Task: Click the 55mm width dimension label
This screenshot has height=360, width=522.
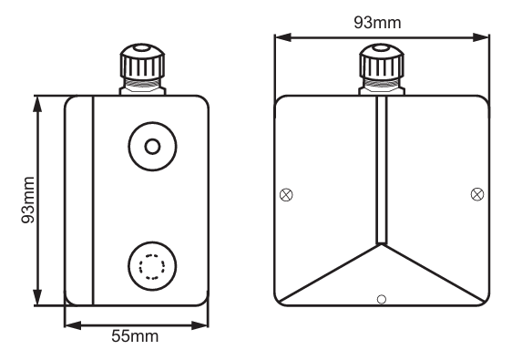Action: pos(135,336)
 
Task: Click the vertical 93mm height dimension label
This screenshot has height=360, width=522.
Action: pos(27,200)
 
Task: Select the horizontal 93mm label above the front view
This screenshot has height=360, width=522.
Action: pos(377,23)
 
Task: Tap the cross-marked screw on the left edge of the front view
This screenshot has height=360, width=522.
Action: pos(286,195)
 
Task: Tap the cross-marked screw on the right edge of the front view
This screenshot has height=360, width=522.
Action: pos(477,194)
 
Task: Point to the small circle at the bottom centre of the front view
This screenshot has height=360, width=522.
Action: pos(382,299)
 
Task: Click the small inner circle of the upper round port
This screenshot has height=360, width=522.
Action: pos(152,147)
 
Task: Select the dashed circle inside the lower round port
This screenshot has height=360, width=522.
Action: pos(152,266)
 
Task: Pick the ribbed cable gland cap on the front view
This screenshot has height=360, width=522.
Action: pos(382,62)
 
